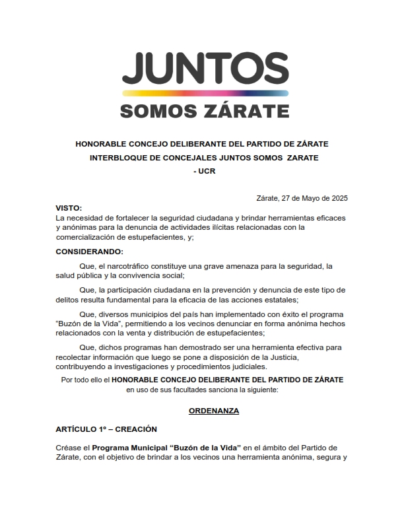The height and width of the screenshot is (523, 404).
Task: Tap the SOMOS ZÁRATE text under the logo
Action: tap(204, 110)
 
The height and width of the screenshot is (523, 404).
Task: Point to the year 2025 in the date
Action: tap(339, 199)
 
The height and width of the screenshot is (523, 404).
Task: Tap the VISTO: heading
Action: tap(69, 208)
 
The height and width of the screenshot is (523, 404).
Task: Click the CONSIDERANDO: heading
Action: tap(90, 252)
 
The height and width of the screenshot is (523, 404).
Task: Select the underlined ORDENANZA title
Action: tap(204, 411)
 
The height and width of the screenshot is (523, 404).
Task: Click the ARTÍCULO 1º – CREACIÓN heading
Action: tap(106, 429)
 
